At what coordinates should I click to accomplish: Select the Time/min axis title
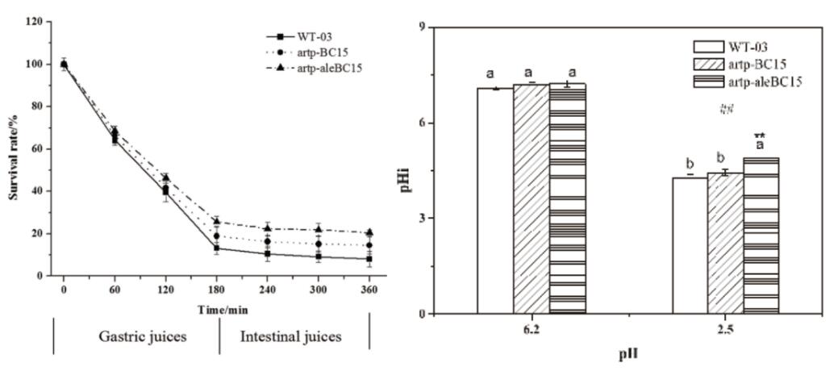(x=216, y=308)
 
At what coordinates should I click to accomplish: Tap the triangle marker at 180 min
(x=216, y=220)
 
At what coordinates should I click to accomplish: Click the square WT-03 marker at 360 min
(x=369, y=259)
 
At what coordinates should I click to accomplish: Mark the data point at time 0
(x=64, y=65)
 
